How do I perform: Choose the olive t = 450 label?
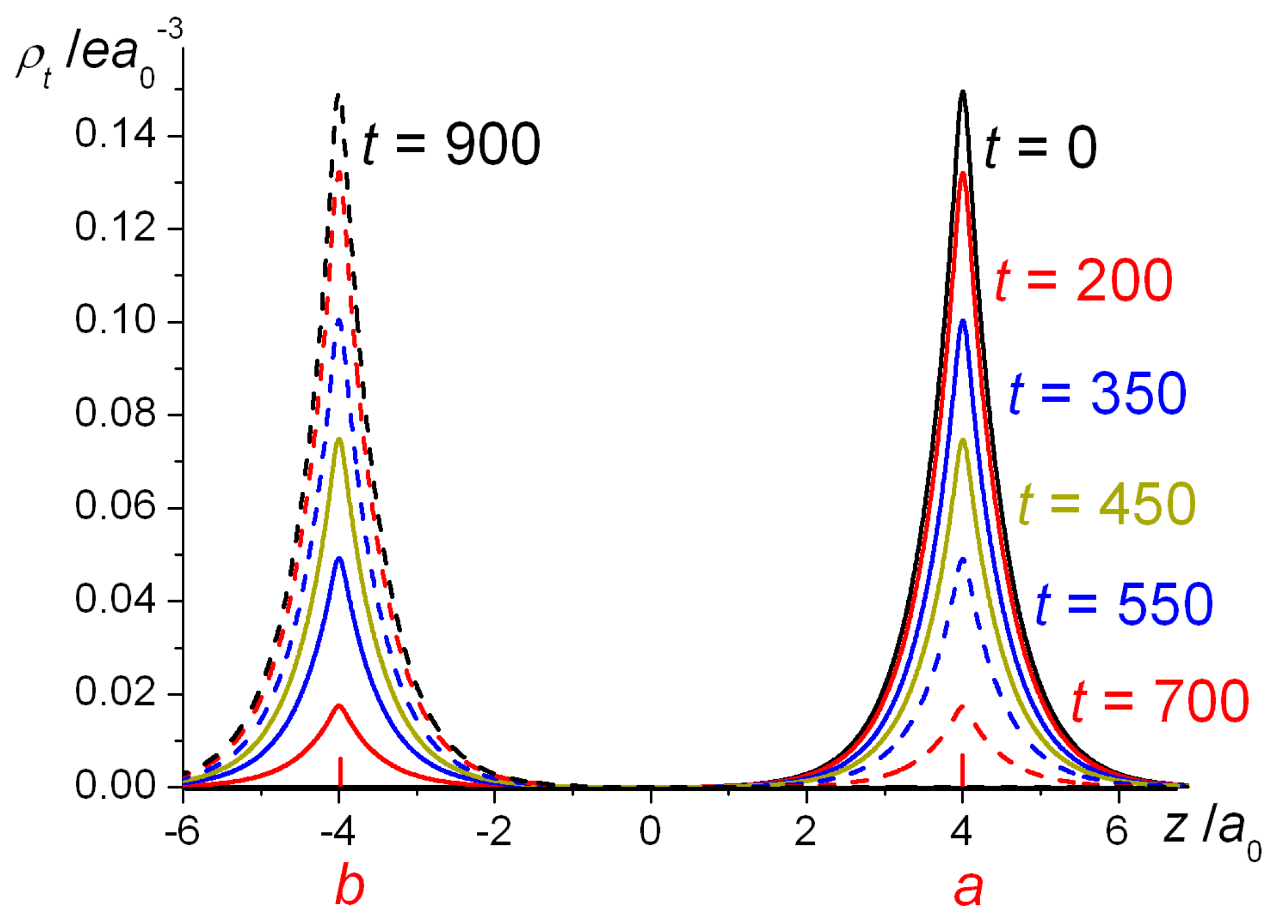[x=1107, y=504]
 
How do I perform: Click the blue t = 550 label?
[x=1124, y=604]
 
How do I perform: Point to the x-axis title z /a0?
[x=1208, y=830]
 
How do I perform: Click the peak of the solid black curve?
[x=962, y=92]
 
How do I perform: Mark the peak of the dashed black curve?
[x=338, y=95]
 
